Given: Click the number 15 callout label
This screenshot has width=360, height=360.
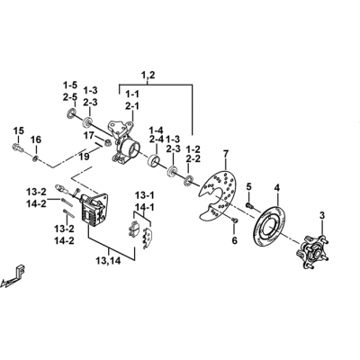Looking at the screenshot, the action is [x=18, y=131].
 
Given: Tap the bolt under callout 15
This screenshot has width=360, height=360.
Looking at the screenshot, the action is [x=18, y=148].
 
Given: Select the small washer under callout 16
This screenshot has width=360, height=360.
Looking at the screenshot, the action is [x=36, y=158].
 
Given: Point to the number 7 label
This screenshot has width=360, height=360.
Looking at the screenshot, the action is [x=226, y=155].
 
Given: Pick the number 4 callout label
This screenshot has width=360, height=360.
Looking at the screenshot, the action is [x=276, y=188].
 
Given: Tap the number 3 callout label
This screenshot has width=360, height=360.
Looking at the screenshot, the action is [x=322, y=215].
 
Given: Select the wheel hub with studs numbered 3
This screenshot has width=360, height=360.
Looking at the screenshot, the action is [x=313, y=250].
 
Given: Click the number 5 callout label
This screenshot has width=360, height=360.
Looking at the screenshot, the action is [x=248, y=187].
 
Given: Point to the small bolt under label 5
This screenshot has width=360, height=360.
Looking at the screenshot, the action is [x=249, y=205].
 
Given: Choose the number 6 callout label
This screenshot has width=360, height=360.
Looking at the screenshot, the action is [x=234, y=240].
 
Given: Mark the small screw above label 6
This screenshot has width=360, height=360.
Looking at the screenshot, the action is [x=235, y=220].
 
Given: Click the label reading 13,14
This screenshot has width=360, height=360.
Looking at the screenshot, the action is [x=108, y=261].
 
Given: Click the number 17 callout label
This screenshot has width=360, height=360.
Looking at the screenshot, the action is [x=89, y=136].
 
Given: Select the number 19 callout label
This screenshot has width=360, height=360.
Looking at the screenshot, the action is [x=85, y=157].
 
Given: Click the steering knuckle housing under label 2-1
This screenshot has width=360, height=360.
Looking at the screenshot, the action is [x=123, y=142].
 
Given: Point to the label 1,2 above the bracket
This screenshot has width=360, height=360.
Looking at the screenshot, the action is [x=148, y=76].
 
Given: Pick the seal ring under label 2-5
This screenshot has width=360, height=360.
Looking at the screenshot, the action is [x=71, y=113].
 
